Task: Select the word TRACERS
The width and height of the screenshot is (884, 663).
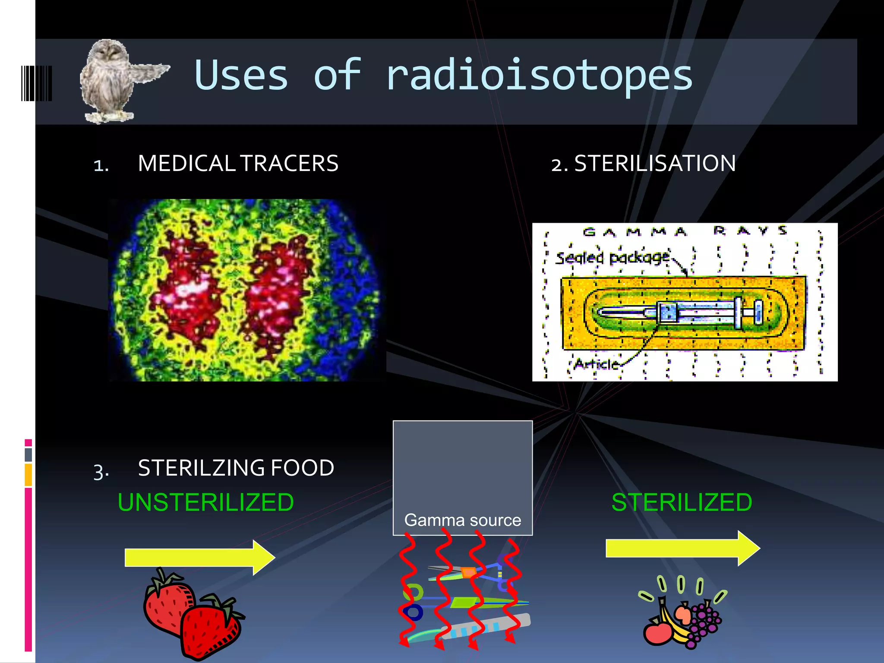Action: (x=289, y=164)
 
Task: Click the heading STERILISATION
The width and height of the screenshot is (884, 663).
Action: (x=654, y=164)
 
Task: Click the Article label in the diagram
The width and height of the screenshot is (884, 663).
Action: (x=597, y=364)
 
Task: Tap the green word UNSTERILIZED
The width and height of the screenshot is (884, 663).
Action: (x=205, y=502)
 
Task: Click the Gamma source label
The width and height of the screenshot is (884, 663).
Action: (x=462, y=520)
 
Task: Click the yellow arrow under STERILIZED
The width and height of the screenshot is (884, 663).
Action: (x=682, y=548)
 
